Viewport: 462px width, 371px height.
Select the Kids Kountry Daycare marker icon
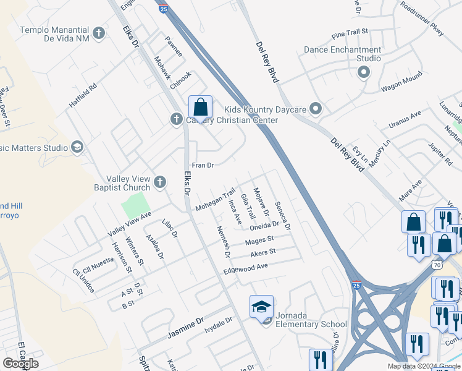click(x=316, y=110)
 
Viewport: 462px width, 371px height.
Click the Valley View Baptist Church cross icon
click(x=160, y=182)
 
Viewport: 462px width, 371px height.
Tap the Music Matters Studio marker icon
click(x=77, y=147)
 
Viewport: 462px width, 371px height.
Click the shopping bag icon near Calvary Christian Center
click(x=201, y=108)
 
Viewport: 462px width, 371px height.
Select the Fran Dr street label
click(x=203, y=165)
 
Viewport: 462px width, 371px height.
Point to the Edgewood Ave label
click(x=246, y=269)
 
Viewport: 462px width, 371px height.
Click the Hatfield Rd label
click(x=83, y=96)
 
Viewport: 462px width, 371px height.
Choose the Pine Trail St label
click(x=349, y=31)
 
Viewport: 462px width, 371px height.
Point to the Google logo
click(x=21, y=363)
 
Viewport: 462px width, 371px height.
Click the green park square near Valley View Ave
click(x=136, y=205)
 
